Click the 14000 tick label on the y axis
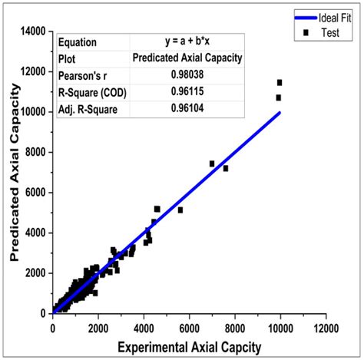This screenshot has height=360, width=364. [x=32, y=31]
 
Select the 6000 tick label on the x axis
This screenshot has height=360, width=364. [x=189, y=328]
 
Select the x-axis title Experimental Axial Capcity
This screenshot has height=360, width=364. [x=189, y=346]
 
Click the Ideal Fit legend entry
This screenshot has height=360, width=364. [x=325, y=14]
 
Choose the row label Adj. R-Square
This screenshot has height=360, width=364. [x=86, y=109]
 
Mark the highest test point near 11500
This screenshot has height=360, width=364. [x=280, y=82]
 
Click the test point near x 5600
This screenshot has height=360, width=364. [x=180, y=210]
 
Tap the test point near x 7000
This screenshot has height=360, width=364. [x=212, y=163]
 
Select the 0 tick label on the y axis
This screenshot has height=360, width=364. [x=45, y=313]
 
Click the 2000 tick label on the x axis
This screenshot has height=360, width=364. [x=98, y=328]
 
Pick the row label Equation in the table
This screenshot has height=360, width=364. [x=78, y=41]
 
